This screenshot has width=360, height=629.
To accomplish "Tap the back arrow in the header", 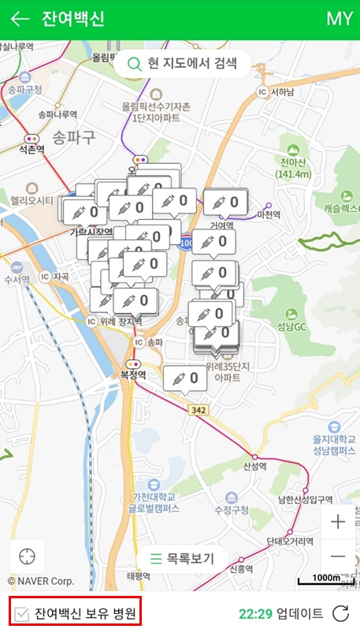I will click(20, 19).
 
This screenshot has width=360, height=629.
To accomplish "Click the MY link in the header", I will click(339, 19).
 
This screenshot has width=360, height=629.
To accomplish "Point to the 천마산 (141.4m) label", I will click(291, 168).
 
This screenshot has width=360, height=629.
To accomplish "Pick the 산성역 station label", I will click(255, 466).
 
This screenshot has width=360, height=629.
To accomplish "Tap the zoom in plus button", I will click(338, 522).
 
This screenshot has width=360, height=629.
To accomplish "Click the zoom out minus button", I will click(338, 556).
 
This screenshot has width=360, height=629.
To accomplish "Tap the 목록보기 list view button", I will click(183, 559).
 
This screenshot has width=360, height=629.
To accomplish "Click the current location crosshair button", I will click(28, 556).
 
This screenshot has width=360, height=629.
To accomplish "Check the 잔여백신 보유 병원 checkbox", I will click(23, 612).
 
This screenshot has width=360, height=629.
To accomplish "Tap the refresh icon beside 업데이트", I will click(340, 612).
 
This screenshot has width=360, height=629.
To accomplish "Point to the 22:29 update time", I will click(255, 612).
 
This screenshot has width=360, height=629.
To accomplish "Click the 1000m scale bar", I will click(325, 579).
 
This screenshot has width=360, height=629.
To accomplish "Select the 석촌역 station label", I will click(32, 148).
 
